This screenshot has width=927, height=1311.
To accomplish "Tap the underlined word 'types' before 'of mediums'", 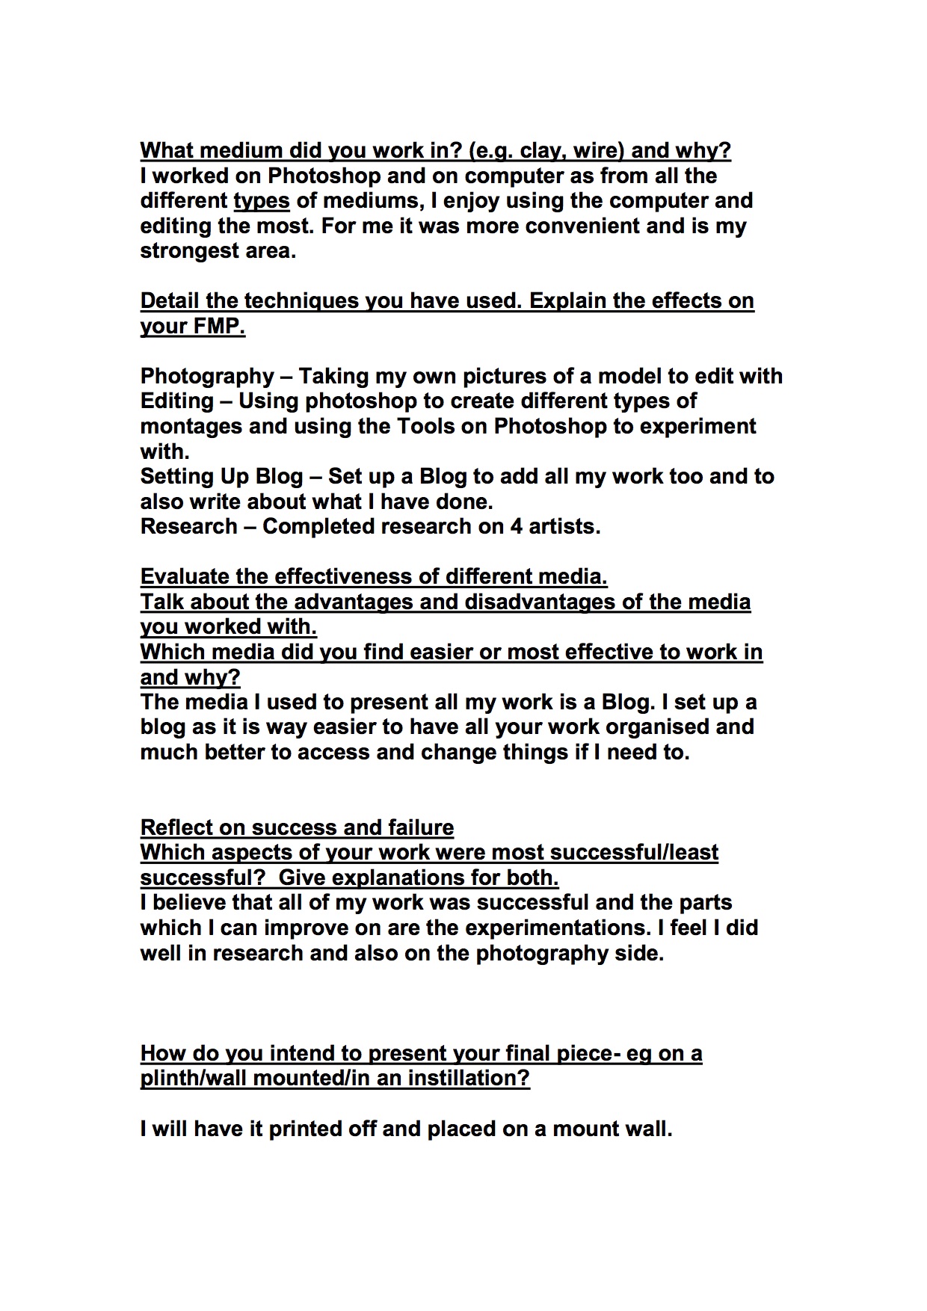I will click(262, 201).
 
